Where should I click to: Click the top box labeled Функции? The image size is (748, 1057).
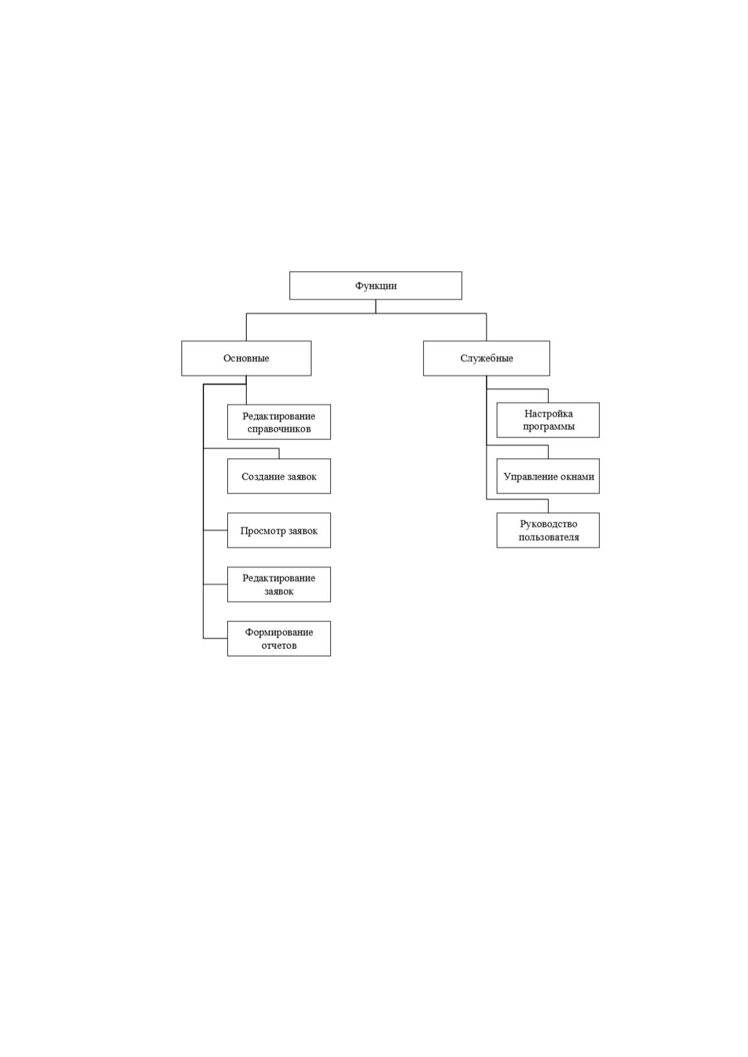[376, 286]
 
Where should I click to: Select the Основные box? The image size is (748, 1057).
[246, 358]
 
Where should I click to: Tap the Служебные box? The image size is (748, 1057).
[486, 358]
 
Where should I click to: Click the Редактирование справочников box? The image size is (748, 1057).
[279, 422]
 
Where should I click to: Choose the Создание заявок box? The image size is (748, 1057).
[279, 476]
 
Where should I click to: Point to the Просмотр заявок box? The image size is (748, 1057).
[279, 530]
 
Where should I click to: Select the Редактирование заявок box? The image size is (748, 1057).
[279, 584]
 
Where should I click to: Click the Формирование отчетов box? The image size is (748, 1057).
[279, 639]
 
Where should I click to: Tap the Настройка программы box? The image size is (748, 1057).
[548, 420]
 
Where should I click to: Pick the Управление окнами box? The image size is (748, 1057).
[548, 476]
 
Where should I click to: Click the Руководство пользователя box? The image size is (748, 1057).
[548, 530]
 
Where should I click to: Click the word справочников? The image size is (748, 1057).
[279, 429]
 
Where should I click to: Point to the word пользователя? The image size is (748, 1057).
[549, 537]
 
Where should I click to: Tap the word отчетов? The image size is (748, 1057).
[279, 645]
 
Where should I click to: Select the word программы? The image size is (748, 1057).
[549, 427]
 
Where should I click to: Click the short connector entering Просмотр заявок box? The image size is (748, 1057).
[215, 530]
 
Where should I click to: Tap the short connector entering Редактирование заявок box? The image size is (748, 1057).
[215, 584]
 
